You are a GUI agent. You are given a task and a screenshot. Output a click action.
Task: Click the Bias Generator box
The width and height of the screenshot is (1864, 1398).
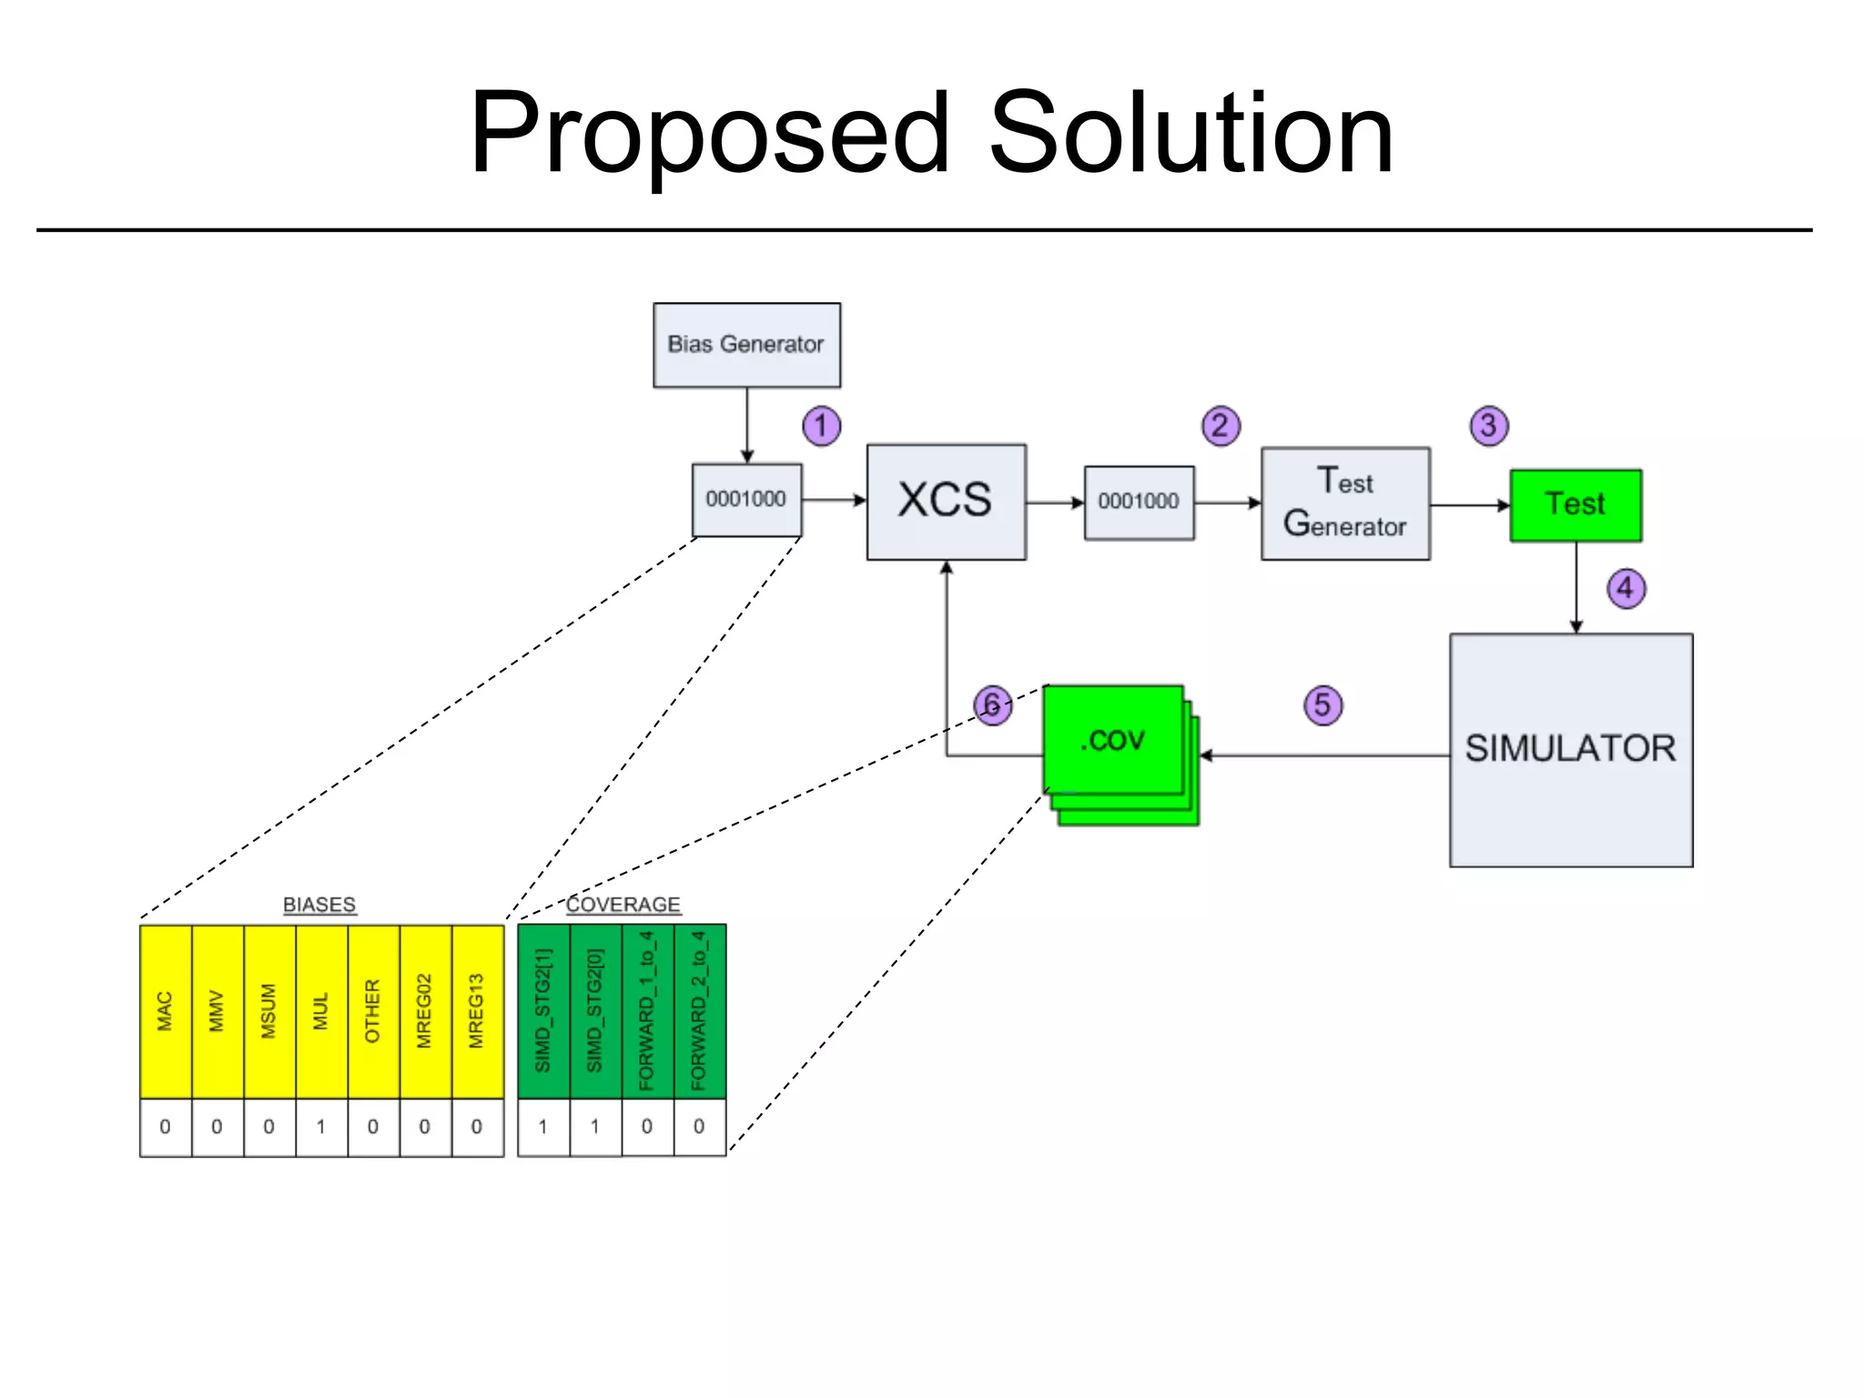click(x=746, y=345)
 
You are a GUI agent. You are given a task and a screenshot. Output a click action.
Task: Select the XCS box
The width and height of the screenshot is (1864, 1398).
click(x=946, y=501)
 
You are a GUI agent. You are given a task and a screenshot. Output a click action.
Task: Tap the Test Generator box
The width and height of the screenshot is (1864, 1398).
click(x=1345, y=503)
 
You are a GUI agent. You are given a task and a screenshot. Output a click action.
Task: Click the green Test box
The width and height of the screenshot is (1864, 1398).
click(x=1575, y=505)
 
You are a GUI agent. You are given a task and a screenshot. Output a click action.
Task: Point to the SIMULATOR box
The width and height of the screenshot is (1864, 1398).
click(x=1571, y=750)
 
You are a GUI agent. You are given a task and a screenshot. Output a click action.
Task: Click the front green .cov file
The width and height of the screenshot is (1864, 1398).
click(x=1112, y=739)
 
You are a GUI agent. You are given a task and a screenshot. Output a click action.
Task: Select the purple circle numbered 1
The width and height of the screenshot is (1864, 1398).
click(x=821, y=426)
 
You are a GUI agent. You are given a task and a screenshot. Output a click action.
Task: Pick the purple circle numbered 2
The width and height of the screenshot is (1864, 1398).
click(x=1221, y=426)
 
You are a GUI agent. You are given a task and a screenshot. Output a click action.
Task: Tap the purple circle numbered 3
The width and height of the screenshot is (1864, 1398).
click(x=1489, y=426)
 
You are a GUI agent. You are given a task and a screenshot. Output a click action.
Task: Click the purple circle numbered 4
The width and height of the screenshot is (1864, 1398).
click(x=1626, y=588)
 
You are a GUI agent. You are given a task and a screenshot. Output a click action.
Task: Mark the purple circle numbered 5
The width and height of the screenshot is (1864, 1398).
click(x=1322, y=705)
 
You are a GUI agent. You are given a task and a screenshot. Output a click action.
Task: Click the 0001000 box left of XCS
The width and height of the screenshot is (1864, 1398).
click(x=746, y=500)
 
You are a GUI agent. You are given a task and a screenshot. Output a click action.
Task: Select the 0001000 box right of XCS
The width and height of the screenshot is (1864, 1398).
click(x=1139, y=502)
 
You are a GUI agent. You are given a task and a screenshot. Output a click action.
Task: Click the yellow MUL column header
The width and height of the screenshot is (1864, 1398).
click(x=321, y=1011)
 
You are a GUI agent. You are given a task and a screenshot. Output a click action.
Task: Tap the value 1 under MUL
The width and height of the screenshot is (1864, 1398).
click(x=321, y=1127)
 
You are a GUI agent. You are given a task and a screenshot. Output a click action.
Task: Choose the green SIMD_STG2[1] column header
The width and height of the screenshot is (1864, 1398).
click(x=543, y=1011)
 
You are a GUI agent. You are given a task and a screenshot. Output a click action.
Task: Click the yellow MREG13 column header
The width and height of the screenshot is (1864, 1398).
click(x=477, y=1011)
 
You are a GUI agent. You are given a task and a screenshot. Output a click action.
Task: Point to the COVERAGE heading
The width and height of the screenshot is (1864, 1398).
click(x=623, y=905)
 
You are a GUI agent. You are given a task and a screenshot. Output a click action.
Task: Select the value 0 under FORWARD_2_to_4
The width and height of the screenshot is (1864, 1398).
click(x=699, y=1127)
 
